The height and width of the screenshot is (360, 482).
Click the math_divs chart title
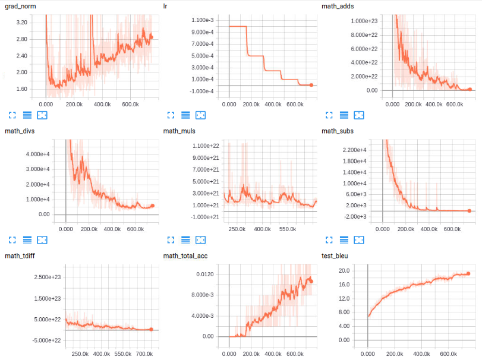coord(19,131)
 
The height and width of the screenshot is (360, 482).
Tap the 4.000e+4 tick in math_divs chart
coord(37,154)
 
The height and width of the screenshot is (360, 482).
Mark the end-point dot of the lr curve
coord(311,85)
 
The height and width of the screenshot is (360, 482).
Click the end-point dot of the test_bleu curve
coord(468,274)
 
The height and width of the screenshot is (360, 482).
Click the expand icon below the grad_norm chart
coord(12,115)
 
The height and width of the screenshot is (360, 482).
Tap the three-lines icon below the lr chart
coord(185,115)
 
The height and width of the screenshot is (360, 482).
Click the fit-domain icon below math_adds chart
coord(358,115)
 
